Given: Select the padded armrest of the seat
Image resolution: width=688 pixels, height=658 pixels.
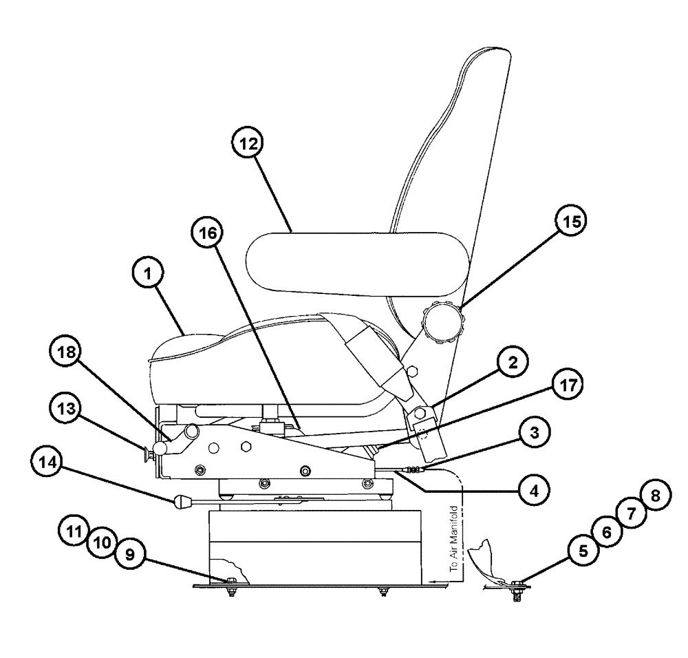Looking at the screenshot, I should point(358,262).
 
